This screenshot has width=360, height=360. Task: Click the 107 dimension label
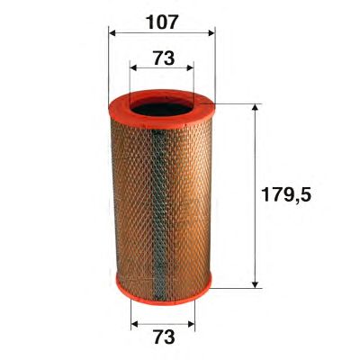tap(163, 22)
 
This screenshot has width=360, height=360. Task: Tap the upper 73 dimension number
tap(164, 58)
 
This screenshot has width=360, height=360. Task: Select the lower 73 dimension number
tap(164, 337)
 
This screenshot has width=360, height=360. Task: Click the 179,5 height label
tap(286, 195)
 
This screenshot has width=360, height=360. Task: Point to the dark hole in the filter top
tap(162, 109)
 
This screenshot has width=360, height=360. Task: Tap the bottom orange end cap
tap(164, 288)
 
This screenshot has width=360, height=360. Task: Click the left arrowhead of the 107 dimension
tap(112, 32)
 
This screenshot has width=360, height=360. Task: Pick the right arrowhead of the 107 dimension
tap(211, 32)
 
